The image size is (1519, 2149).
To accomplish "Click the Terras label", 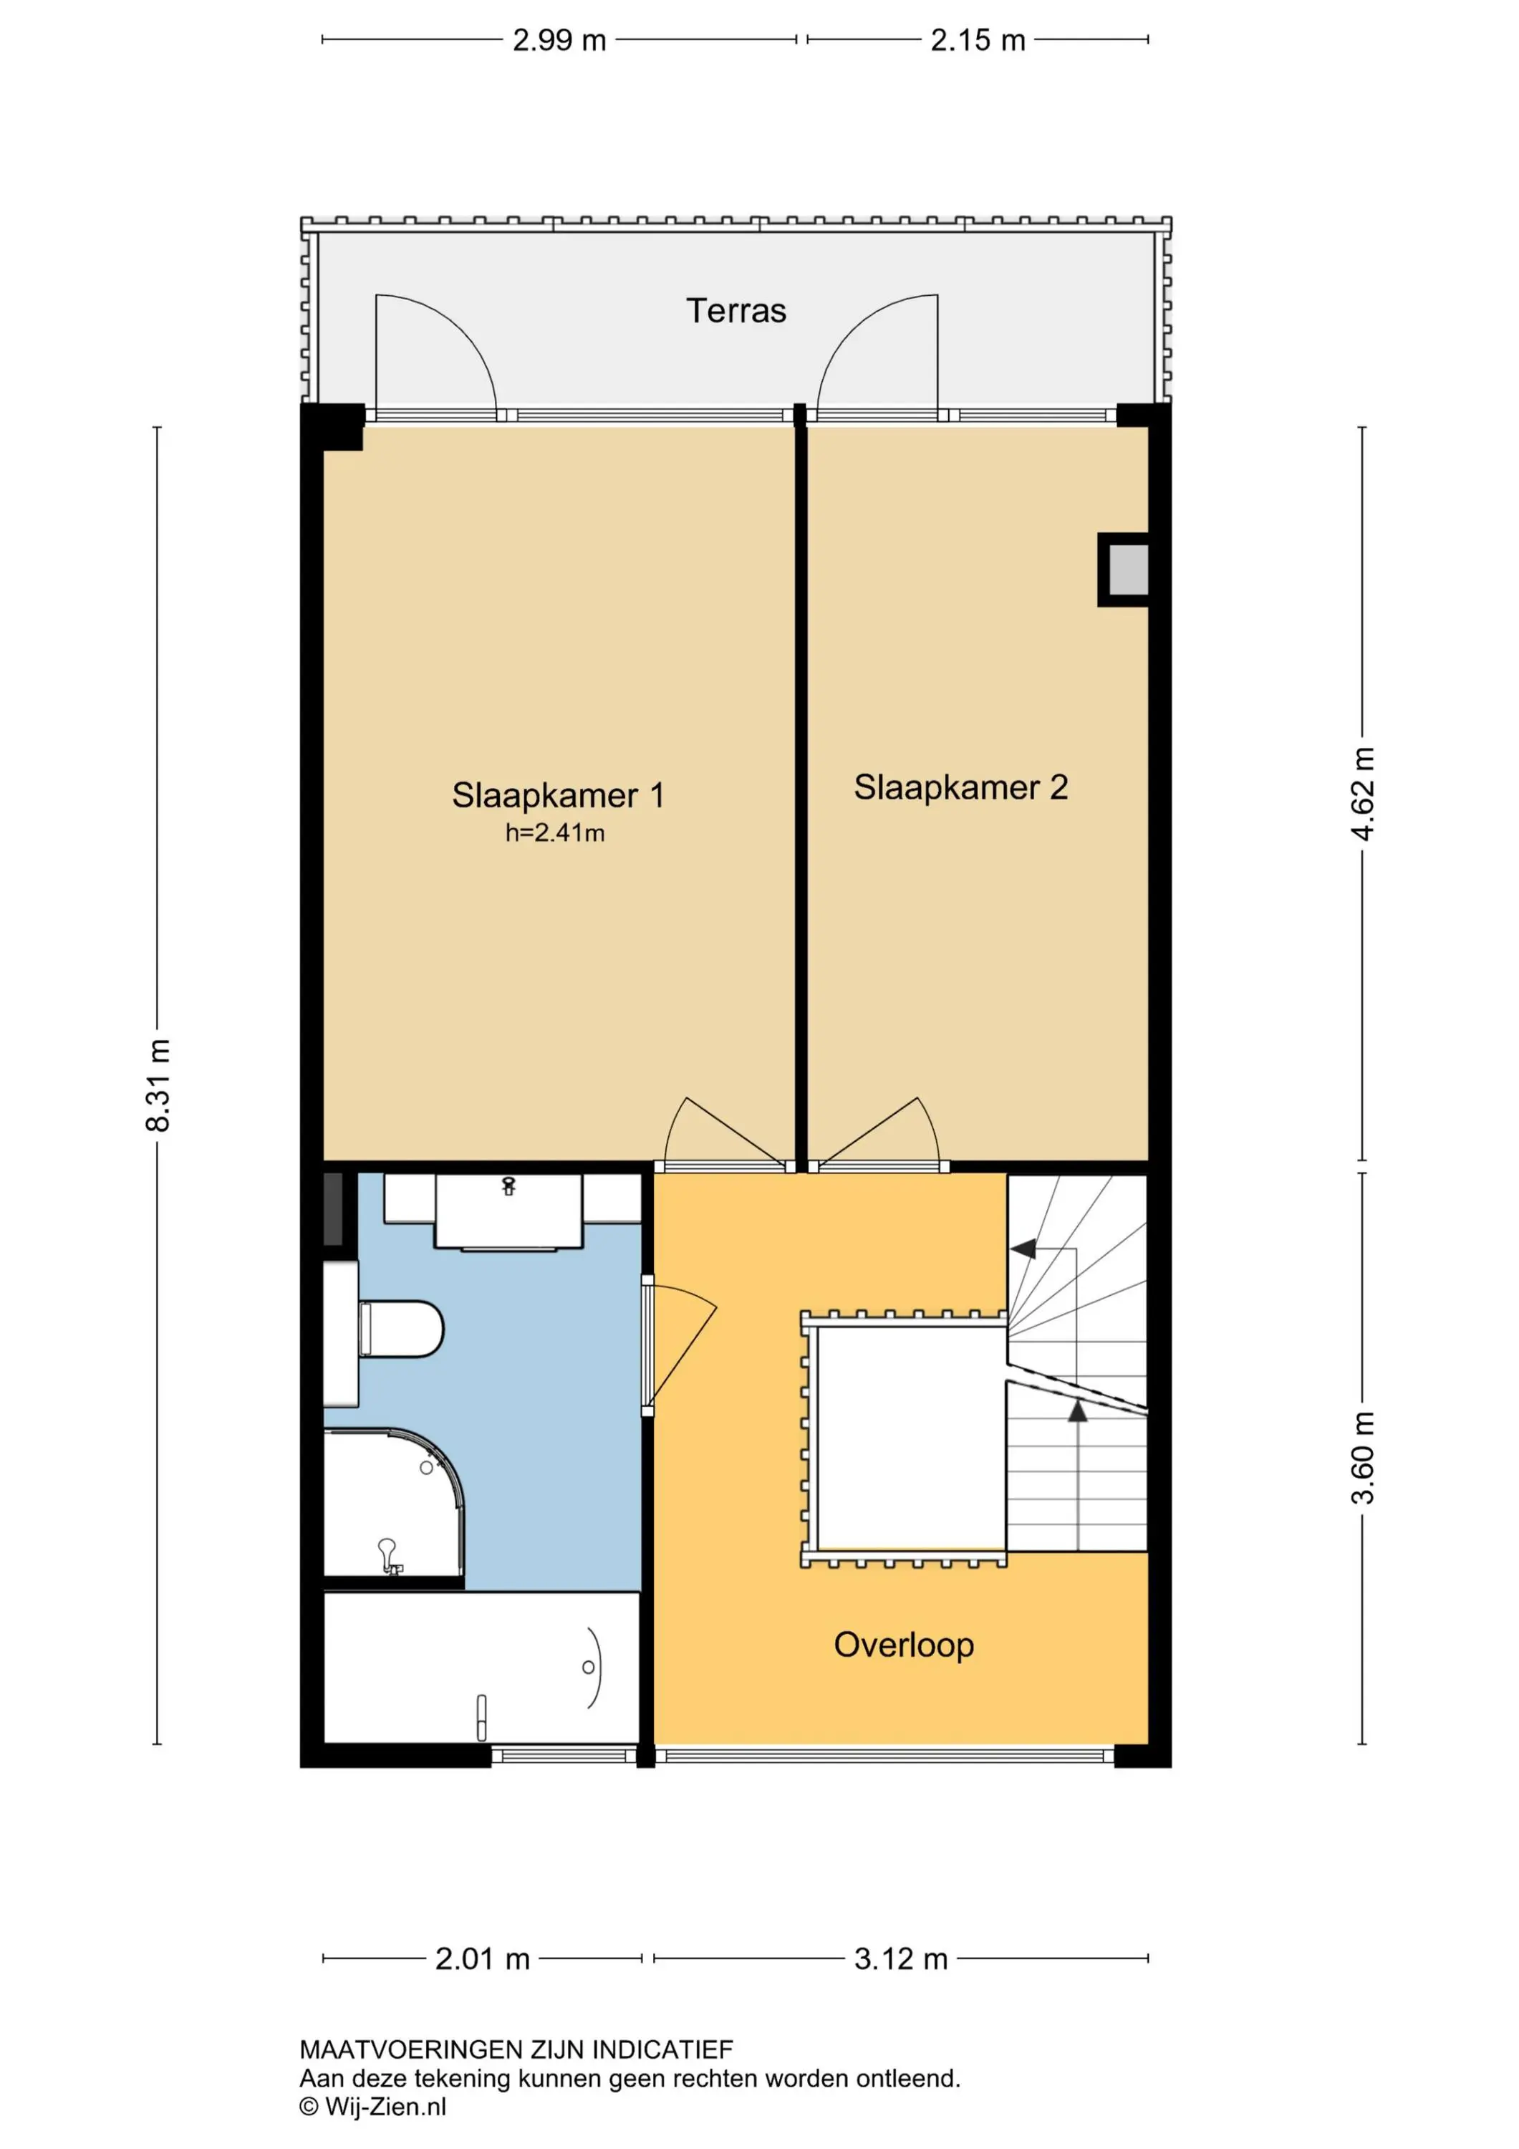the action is click(x=736, y=311).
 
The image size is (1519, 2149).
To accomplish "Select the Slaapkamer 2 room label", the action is click(x=960, y=787).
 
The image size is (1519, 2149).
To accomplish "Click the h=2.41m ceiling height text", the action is click(x=555, y=833).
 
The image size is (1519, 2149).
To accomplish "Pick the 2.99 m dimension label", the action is click(x=559, y=40).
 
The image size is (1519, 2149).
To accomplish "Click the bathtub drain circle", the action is click(x=588, y=1667).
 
